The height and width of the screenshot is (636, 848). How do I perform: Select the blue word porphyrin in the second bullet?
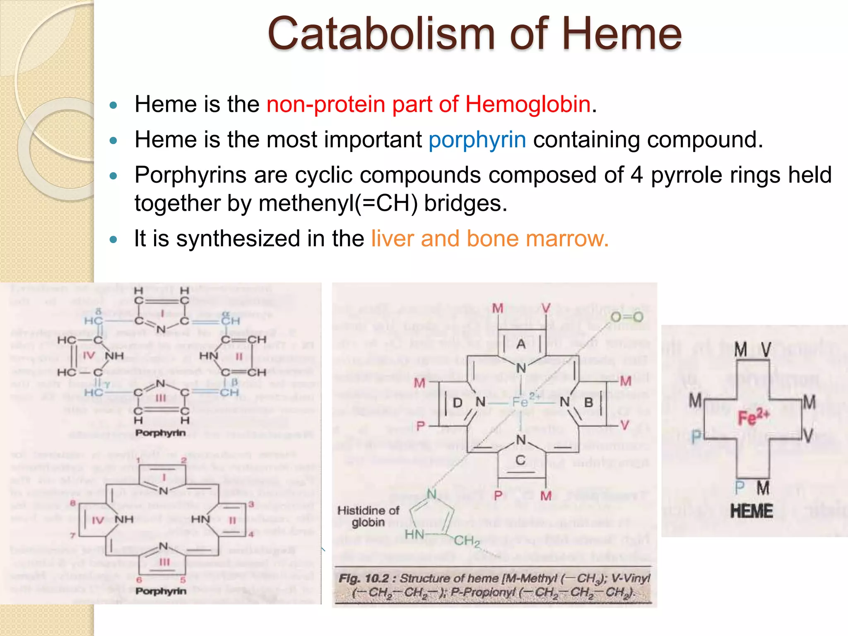[477, 140]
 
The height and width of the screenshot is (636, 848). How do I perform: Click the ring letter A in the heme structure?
[521, 344]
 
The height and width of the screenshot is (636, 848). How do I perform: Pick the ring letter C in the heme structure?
[520, 460]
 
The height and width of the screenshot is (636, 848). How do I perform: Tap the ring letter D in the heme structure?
[457, 402]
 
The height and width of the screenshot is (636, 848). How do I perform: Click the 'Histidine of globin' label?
[368, 516]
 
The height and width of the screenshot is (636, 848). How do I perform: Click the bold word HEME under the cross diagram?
[751, 511]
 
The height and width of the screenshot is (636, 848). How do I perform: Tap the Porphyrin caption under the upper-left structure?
[161, 433]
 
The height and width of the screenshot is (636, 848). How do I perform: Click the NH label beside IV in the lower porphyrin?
[124, 519]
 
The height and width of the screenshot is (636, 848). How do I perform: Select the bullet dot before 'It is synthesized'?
[113, 239]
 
